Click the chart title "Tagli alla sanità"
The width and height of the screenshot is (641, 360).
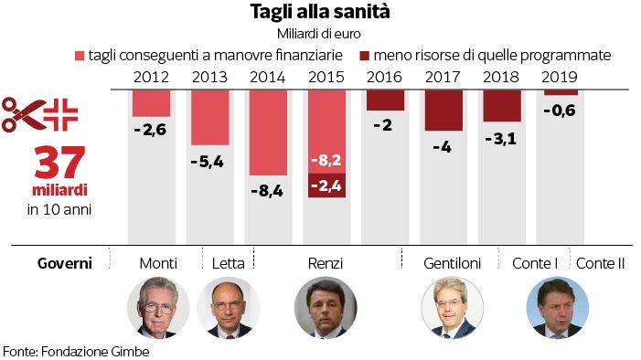point(320,12)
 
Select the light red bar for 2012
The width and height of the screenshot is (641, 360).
point(151,103)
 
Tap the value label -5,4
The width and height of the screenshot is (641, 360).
point(208,162)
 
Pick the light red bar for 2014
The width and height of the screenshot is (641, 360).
point(268,132)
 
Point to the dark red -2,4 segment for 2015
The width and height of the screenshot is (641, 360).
point(326,185)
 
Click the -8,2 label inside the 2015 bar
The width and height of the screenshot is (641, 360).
point(326,160)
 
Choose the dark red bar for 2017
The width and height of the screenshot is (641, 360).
point(443,111)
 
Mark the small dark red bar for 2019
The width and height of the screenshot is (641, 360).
point(561,93)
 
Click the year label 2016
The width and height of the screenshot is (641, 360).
point(384,77)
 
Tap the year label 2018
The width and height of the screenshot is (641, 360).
point(501,77)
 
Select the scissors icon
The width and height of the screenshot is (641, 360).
point(24,115)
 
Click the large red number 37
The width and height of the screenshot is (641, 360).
point(59,163)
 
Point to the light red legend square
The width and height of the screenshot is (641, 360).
point(80,56)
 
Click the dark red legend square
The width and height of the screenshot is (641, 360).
point(364,56)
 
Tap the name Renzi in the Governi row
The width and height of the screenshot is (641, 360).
point(326,263)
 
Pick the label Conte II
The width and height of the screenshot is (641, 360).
point(600,263)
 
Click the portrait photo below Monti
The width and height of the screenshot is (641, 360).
point(158,307)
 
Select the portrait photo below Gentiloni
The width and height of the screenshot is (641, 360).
point(452,307)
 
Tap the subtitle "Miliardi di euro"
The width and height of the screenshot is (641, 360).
point(319,34)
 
